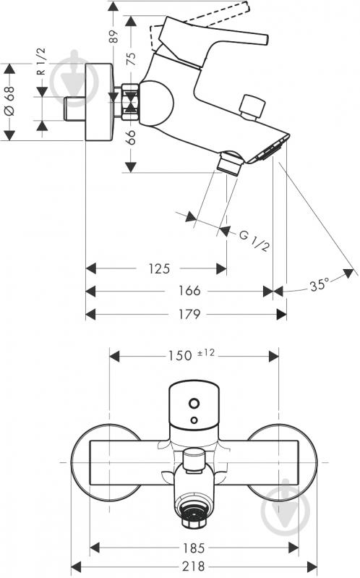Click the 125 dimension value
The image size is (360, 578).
click(159, 268)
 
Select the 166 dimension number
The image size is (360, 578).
click(189, 291)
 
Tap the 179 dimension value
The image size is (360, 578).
click(189, 314)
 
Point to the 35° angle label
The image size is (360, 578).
click(319, 285)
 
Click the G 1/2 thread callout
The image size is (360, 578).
click(254, 241)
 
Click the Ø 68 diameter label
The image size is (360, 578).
click(9, 101)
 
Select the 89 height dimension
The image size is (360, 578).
click(114, 36)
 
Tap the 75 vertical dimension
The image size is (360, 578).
click(131, 59)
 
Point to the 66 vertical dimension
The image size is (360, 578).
click(131, 137)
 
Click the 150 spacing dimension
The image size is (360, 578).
click(180, 355)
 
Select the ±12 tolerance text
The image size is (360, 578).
click(205, 353)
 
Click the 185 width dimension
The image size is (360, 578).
click(194, 548)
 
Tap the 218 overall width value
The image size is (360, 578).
click(194, 566)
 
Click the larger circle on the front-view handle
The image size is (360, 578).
click(194, 403)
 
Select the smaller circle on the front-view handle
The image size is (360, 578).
click(194, 420)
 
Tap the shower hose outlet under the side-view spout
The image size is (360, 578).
click(230, 163)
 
